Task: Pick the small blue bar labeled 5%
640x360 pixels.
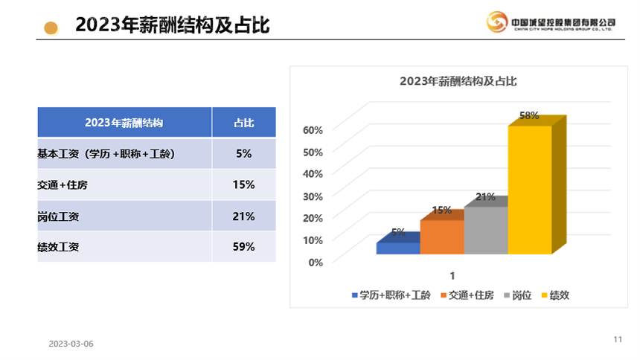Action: tap(397, 248)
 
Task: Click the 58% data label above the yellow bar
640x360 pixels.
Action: tap(529, 115)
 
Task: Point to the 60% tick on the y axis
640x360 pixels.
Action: tap(313, 129)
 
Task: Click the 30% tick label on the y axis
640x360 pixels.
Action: tap(313, 196)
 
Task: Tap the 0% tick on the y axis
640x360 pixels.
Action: tap(316, 261)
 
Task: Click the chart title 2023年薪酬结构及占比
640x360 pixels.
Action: tap(458, 81)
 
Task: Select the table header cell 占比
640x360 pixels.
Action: tap(244, 123)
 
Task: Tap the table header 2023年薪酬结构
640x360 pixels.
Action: tap(124, 123)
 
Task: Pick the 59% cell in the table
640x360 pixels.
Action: tap(244, 246)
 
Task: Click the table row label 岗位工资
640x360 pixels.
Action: tap(59, 216)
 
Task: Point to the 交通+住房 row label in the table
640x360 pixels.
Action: tap(63, 184)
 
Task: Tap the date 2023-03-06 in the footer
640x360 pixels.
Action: tap(71, 344)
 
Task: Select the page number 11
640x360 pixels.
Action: tap(618, 339)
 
